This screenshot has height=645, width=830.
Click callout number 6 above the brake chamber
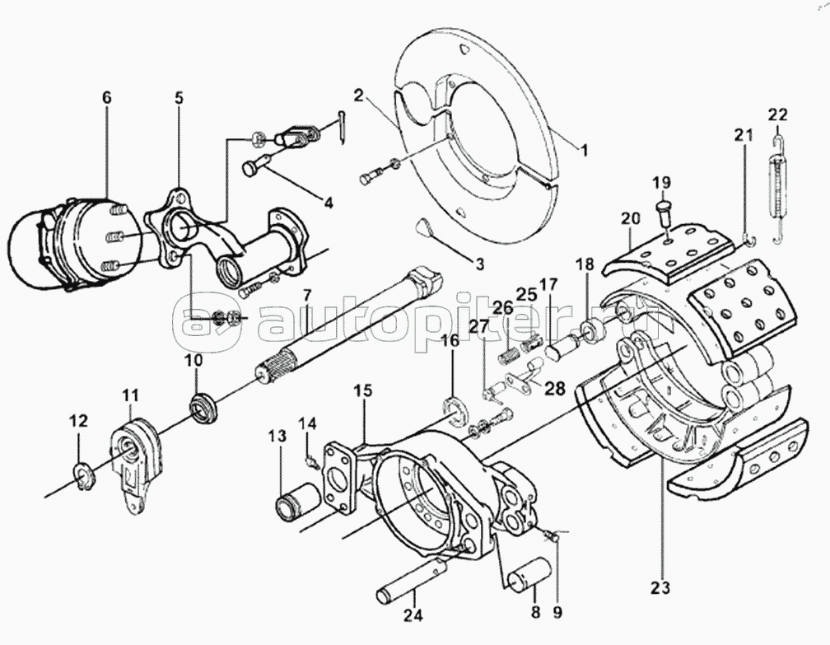106,97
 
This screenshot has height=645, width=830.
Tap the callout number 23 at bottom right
662,587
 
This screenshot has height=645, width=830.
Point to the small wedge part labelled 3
423,227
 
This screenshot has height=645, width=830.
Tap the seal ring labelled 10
203,408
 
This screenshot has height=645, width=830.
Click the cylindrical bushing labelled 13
298,499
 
